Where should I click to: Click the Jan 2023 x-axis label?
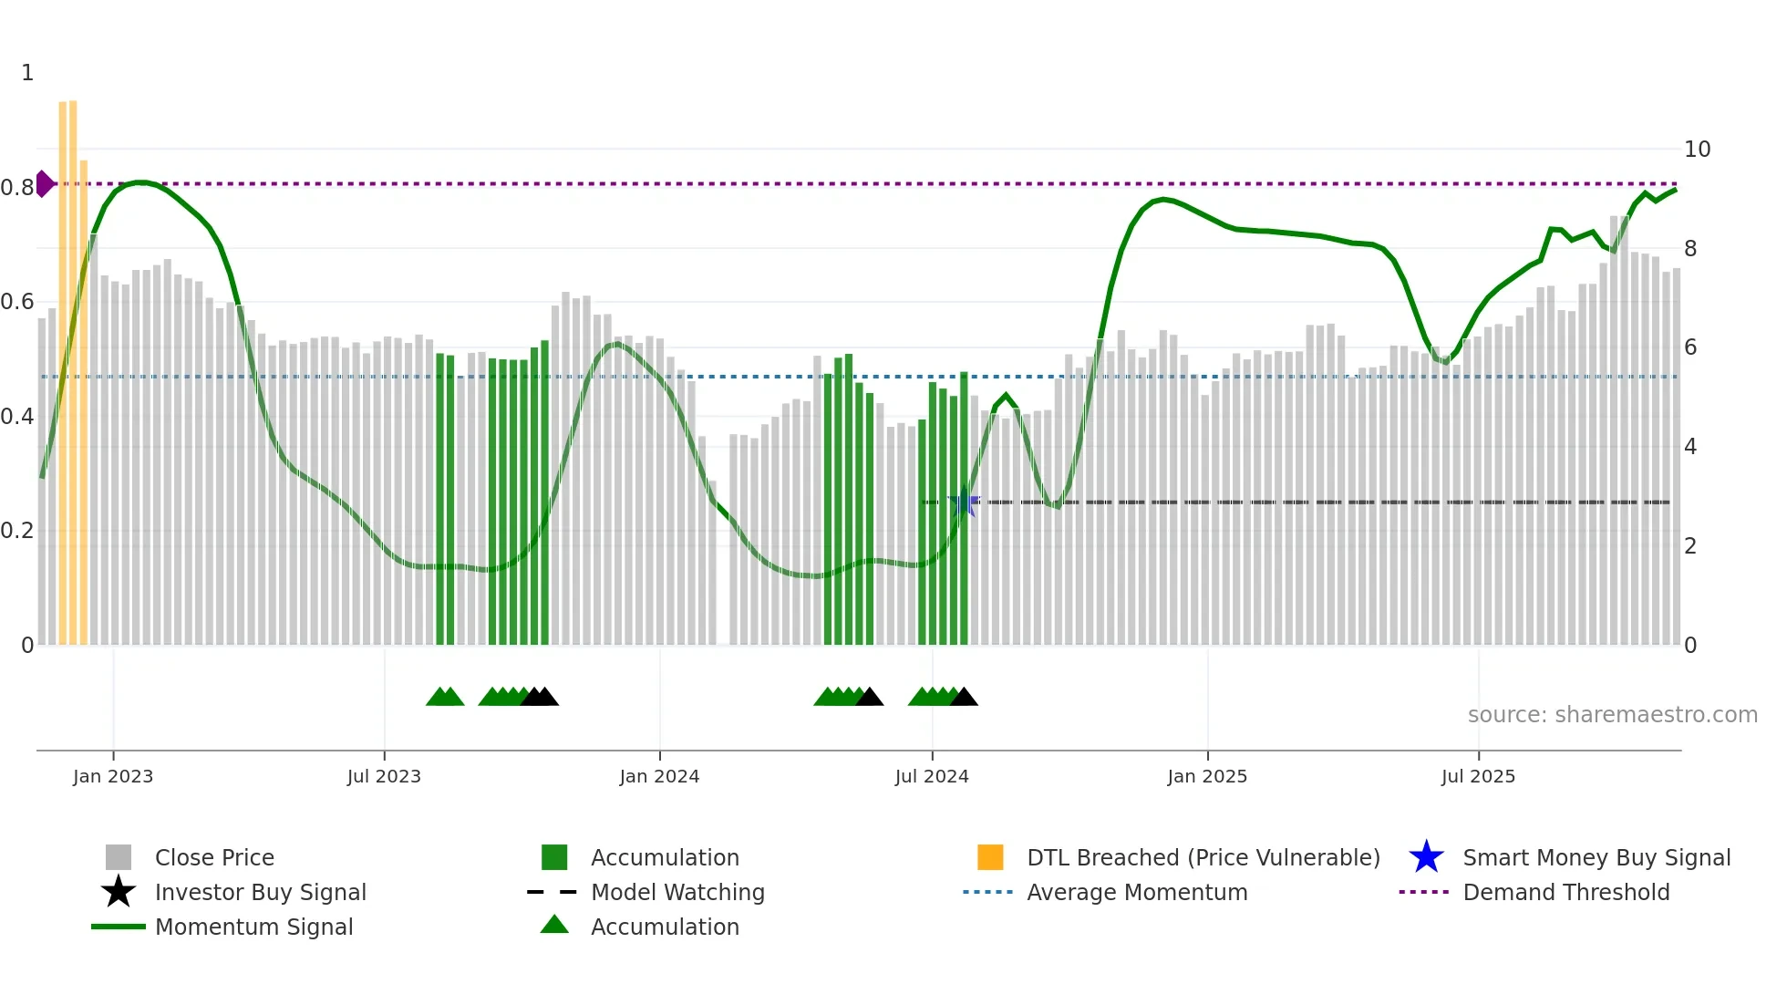click(113, 776)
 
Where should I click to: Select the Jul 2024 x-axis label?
click(932, 776)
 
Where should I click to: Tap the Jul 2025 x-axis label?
click(1478, 776)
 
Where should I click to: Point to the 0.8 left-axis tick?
click(17, 188)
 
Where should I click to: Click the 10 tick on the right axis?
click(1697, 150)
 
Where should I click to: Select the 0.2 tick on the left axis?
click(17, 531)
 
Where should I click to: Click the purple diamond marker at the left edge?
click(44, 183)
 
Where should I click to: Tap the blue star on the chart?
click(964, 502)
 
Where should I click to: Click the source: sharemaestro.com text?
click(1612, 715)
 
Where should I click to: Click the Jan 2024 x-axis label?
click(659, 776)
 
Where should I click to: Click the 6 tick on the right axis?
click(1690, 347)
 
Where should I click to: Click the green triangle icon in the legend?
click(554, 925)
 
